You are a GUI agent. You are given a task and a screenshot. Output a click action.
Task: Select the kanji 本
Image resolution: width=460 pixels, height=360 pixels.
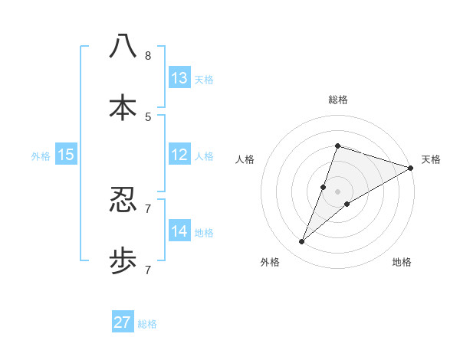[x=123, y=106]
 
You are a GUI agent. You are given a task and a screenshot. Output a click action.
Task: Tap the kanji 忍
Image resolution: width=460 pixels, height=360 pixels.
[x=123, y=200]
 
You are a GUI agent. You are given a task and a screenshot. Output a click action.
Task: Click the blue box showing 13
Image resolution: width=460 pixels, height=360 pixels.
[x=179, y=78]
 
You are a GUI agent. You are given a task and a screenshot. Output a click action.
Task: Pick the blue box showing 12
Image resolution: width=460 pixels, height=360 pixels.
[x=179, y=155]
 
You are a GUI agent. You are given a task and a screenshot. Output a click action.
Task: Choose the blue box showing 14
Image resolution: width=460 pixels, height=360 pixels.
[x=179, y=231]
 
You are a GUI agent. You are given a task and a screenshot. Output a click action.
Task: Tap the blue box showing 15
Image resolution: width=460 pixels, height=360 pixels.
[x=66, y=155]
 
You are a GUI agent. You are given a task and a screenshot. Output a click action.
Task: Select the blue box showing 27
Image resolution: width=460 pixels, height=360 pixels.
[x=123, y=322]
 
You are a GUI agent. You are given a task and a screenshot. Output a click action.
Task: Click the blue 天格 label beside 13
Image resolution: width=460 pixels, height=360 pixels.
[x=204, y=79]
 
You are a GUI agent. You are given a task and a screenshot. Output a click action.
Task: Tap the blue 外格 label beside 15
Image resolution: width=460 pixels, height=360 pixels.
[x=41, y=155]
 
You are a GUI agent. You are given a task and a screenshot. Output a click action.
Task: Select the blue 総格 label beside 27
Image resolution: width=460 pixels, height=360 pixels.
[x=147, y=323]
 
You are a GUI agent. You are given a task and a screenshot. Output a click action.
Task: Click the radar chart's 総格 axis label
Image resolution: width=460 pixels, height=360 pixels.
[x=337, y=100]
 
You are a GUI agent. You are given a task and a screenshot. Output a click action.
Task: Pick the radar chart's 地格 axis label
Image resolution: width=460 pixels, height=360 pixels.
[x=402, y=262]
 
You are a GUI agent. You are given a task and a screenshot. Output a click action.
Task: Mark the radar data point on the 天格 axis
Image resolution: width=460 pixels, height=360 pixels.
[x=410, y=168]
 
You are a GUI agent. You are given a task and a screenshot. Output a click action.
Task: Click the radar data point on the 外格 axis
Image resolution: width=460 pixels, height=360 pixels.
[x=302, y=242]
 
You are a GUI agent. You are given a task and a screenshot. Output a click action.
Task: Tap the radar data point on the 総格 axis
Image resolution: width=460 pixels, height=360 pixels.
[x=337, y=146]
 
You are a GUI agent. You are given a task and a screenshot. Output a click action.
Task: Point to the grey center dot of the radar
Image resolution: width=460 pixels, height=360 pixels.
[x=337, y=191]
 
